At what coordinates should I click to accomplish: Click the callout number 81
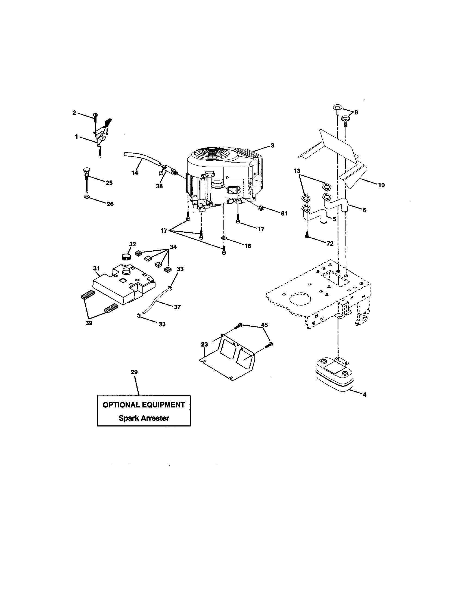coord(284,213)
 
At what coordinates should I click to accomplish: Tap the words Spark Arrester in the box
coord(144,418)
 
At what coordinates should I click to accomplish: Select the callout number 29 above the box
coord(134,372)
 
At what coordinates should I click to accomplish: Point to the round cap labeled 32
coord(126,257)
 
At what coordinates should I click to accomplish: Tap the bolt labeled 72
coord(307,235)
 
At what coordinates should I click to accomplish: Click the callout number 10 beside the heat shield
coord(381,185)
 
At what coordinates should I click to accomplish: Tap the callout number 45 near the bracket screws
coord(264,325)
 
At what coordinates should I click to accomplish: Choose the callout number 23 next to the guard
coord(204,344)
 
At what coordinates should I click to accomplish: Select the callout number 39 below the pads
coord(89,323)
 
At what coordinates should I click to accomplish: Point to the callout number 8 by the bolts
coord(356,112)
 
